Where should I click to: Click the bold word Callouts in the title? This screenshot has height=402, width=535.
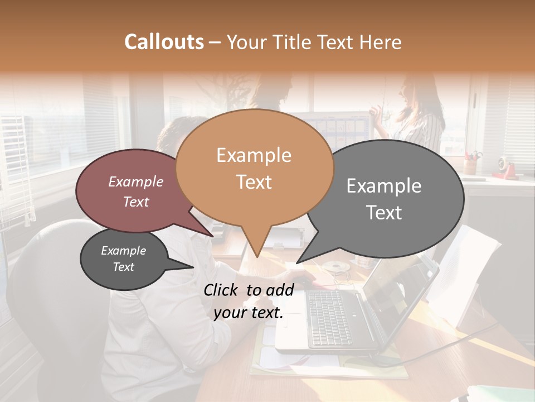(x=164, y=42)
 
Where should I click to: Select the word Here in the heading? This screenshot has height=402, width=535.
(x=381, y=42)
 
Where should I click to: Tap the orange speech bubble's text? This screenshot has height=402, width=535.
(x=254, y=168)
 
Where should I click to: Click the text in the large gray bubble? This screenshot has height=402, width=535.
(x=384, y=199)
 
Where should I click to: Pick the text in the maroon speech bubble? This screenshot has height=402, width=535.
(x=136, y=192)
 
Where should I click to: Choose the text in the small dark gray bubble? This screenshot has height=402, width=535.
(x=123, y=259)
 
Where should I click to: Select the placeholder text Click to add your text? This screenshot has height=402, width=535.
(x=249, y=301)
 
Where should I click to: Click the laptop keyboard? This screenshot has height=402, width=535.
(x=329, y=318)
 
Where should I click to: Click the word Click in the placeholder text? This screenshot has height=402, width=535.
(x=222, y=290)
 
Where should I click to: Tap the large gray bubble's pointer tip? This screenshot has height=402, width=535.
(x=298, y=262)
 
